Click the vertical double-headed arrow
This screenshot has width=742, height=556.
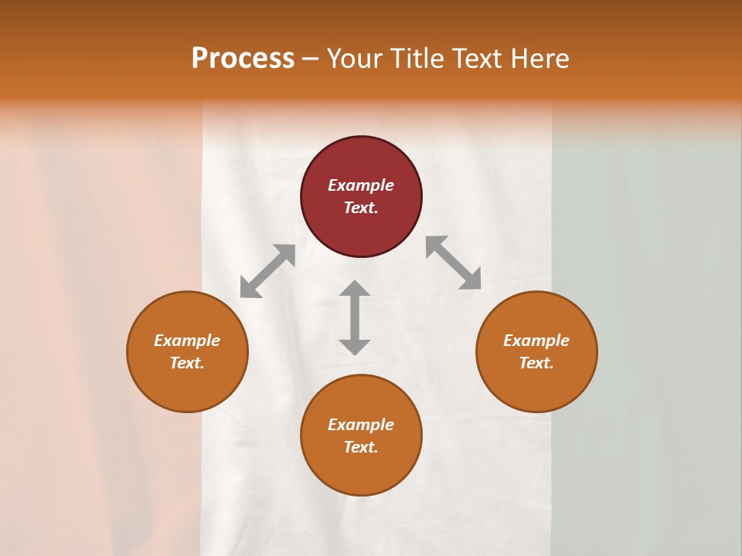point(355,317)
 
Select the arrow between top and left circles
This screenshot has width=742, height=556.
point(267,271)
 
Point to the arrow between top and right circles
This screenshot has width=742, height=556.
point(454,263)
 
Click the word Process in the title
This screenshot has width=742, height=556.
point(243,58)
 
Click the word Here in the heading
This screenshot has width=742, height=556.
point(539,59)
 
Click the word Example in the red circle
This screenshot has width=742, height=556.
point(361,185)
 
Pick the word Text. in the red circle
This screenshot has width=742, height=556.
point(361,208)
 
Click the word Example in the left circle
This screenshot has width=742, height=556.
point(187,341)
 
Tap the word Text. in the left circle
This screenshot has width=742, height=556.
point(187,363)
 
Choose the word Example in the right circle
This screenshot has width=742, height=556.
point(536,341)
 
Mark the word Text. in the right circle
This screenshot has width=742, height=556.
point(536,363)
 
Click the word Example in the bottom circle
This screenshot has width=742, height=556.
point(361,425)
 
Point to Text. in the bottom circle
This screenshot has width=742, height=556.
point(361,447)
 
